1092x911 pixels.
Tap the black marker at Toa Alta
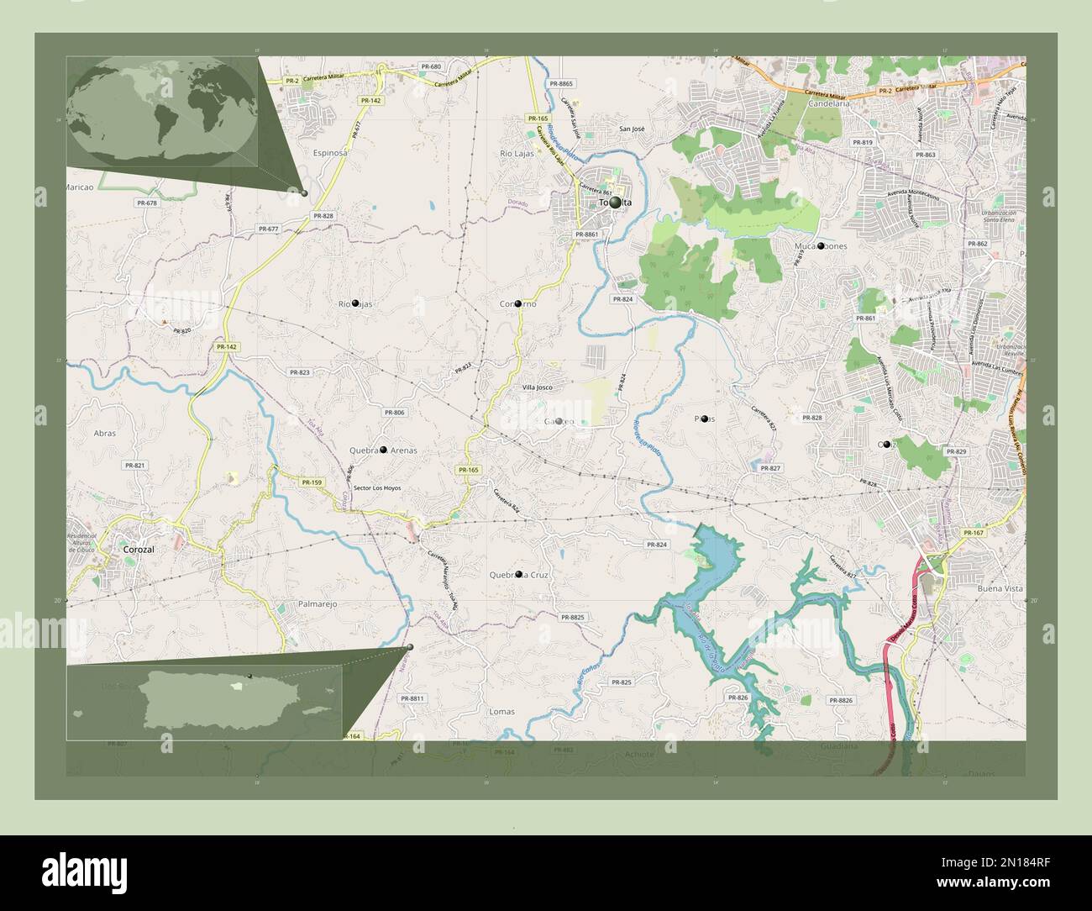click(616, 203)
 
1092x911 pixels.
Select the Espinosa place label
click(329, 154)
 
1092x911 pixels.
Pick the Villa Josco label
click(538, 387)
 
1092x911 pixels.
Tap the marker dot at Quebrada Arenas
click(383, 450)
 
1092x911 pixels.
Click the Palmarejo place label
click(318, 603)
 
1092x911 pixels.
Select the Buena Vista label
click(1000, 589)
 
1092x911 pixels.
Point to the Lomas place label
click(501, 711)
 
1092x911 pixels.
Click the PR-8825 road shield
click(571, 617)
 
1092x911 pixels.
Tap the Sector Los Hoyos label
click(377, 487)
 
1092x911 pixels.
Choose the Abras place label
click(105, 434)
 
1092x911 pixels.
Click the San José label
click(632, 129)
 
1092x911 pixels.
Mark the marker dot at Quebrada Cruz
click(518, 574)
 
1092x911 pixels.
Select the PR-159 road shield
click(312, 482)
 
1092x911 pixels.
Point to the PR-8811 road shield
click(412, 698)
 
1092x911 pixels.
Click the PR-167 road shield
click(974, 533)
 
